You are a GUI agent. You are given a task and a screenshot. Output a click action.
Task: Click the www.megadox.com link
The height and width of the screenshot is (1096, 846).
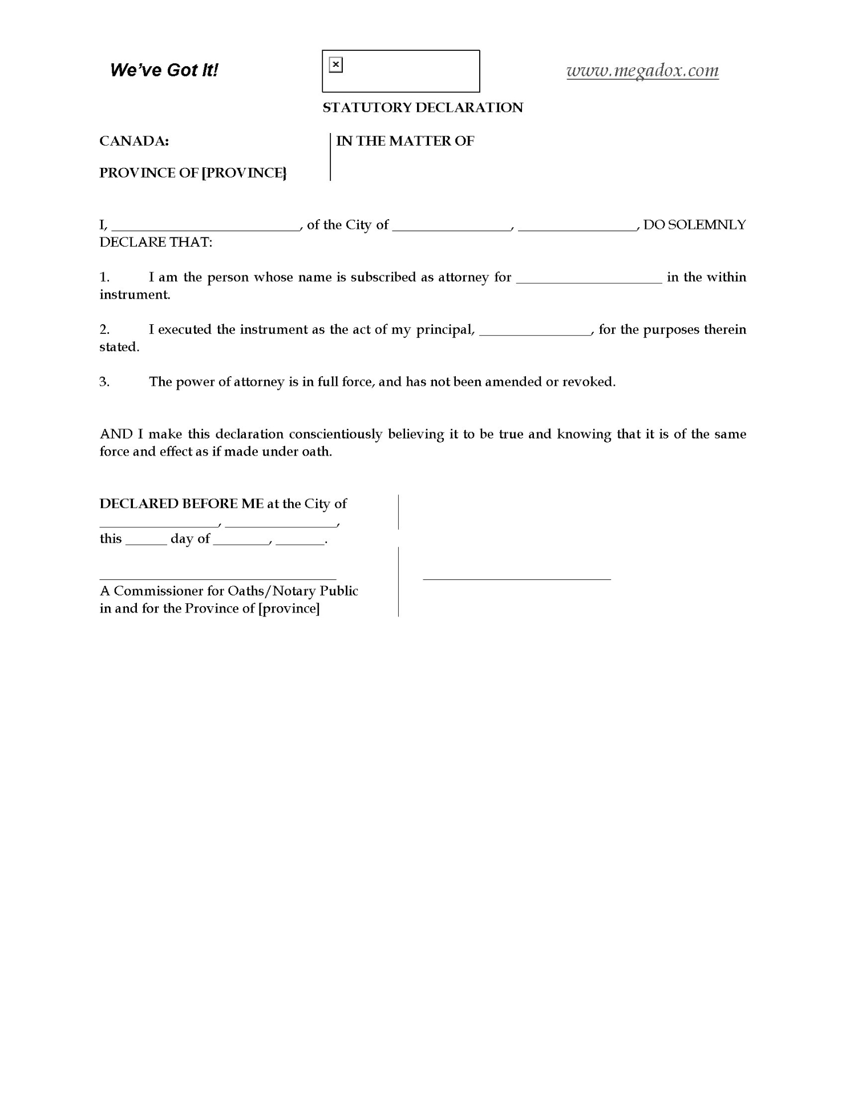coord(642,71)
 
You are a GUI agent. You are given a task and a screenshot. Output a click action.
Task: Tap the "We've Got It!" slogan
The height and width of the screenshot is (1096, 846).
coord(164,70)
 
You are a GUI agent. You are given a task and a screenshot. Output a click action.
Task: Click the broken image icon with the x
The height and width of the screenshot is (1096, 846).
coord(336,65)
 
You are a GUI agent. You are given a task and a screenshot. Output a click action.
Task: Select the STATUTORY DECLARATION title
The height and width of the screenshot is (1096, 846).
coord(423,108)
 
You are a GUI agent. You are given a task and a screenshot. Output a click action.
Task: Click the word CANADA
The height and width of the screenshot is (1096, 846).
coord(133,141)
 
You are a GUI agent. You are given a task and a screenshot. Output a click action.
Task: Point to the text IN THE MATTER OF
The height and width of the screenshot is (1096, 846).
coord(405,141)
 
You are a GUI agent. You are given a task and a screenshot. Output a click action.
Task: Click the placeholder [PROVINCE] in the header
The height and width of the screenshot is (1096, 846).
coord(244,173)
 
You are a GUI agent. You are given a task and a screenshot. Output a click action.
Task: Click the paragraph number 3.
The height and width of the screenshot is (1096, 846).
coord(104,382)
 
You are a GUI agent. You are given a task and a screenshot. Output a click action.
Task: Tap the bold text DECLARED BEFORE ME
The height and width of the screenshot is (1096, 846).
coord(181,504)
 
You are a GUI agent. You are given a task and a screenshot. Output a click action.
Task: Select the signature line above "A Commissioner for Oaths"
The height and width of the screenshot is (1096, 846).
coord(218,578)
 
